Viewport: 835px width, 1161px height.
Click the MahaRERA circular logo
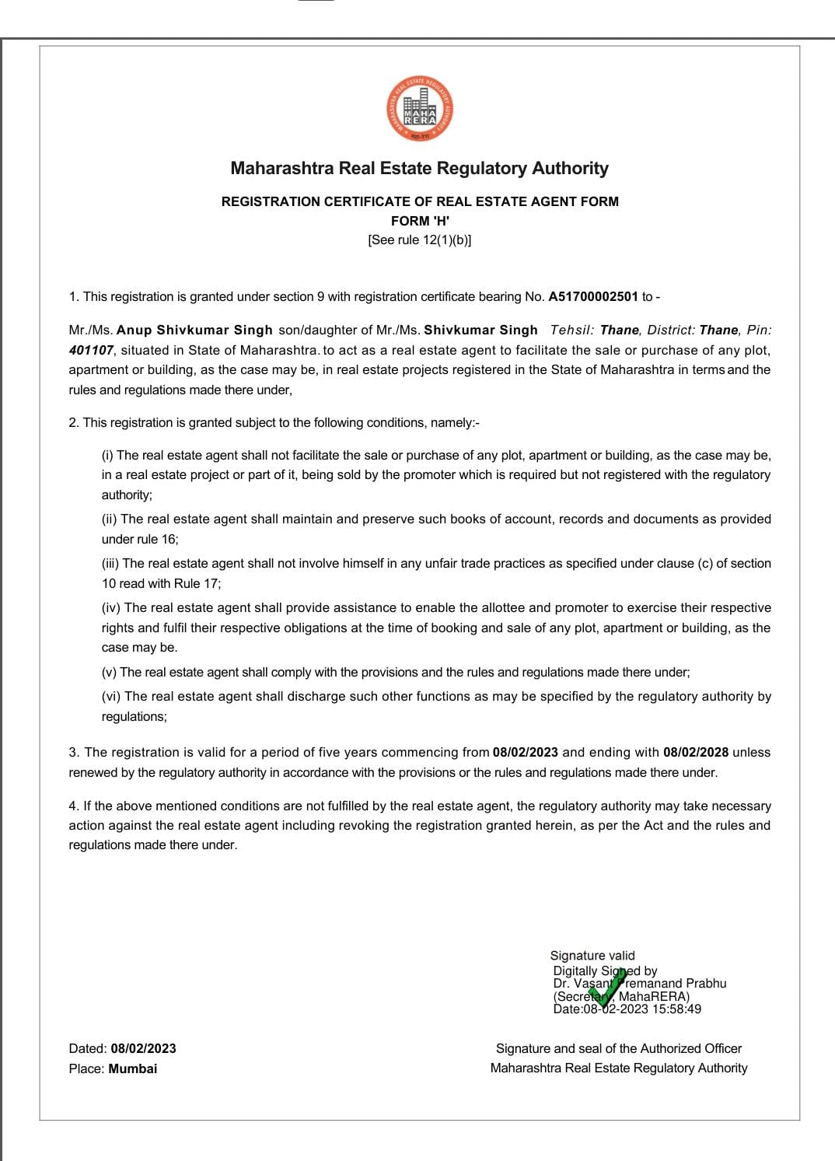point(420,109)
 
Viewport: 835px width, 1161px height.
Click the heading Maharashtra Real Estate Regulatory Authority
point(420,168)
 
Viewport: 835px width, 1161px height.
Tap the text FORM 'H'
point(420,221)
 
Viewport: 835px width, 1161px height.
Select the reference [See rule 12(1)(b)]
point(420,240)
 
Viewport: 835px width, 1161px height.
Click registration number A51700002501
point(593,296)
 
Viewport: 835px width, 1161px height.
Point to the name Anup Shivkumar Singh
point(194,330)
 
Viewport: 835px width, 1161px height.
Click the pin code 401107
point(91,350)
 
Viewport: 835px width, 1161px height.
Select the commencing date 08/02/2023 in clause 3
point(526,752)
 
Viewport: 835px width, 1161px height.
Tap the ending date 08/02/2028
point(696,752)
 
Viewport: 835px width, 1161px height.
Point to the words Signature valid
point(592,956)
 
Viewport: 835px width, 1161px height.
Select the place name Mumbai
point(133,1068)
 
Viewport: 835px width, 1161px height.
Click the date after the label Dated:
point(143,1048)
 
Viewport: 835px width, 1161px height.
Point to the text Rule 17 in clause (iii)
point(200,583)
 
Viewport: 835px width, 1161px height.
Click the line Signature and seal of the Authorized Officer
point(619,1048)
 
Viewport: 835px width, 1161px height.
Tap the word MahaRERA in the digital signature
point(654,996)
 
